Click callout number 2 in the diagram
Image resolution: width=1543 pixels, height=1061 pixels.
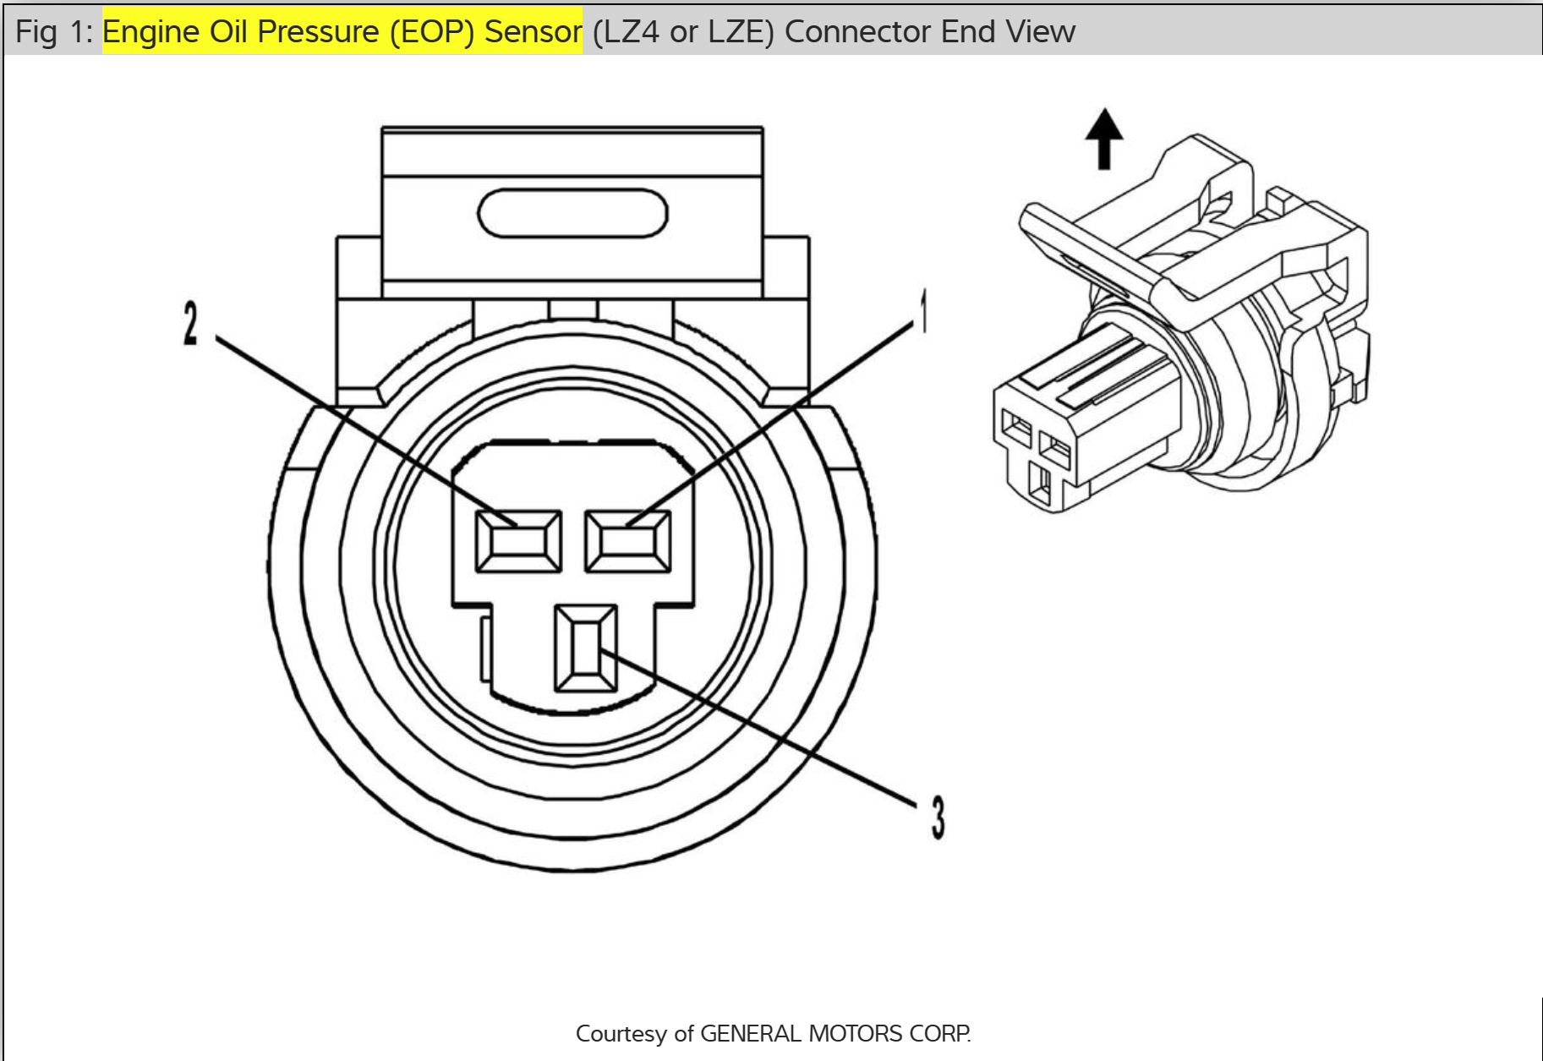coord(191,324)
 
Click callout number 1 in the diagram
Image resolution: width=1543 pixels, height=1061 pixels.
coord(924,310)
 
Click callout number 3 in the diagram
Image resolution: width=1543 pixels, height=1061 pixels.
coord(938,818)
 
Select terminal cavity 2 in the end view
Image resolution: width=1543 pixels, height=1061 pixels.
coord(518,541)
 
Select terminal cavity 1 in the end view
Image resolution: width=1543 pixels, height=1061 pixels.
coord(628,541)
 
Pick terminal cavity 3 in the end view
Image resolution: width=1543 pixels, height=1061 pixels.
coord(586,648)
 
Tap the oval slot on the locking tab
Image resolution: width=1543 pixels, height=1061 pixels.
coord(572,213)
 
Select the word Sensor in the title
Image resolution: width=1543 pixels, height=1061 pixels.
coord(533,31)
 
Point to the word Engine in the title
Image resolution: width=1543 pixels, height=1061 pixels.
coord(151,31)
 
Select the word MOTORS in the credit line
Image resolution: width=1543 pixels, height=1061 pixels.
coord(856,1034)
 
